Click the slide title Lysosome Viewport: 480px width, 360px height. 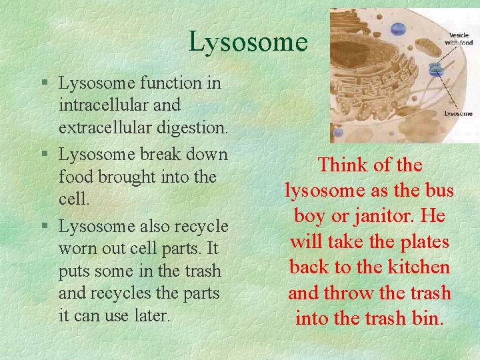247,42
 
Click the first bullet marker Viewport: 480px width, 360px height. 43,84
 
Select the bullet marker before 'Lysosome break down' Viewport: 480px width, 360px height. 43,155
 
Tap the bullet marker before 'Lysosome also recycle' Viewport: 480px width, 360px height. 43,227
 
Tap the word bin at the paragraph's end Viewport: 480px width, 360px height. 429,319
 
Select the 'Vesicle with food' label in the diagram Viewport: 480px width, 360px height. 459,39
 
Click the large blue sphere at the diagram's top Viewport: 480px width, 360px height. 398,29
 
